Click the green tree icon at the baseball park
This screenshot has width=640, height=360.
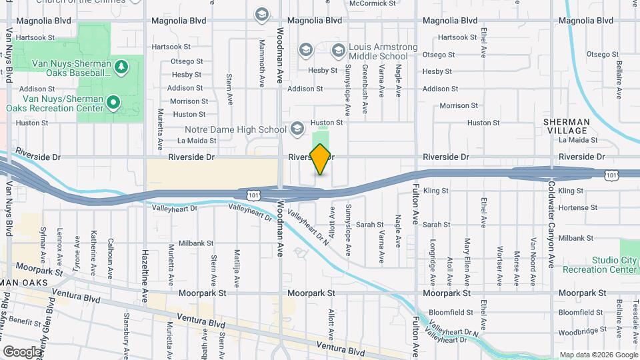pyautogui.click(x=121, y=66)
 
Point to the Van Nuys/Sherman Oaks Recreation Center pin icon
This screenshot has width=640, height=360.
pyautogui.click(x=113, y=103)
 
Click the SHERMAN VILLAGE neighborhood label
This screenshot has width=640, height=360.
pyautogui.click(x=567, y=127)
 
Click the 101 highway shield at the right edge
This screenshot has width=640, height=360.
pyautogui.click(x=611, y=174)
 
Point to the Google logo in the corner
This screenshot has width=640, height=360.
pyautogui.click(x=22, y=351)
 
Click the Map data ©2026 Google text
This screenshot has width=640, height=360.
pyautogui.click(x=598, y=355)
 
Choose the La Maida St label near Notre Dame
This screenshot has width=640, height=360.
pyautogui.click(x=197, y=141)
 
